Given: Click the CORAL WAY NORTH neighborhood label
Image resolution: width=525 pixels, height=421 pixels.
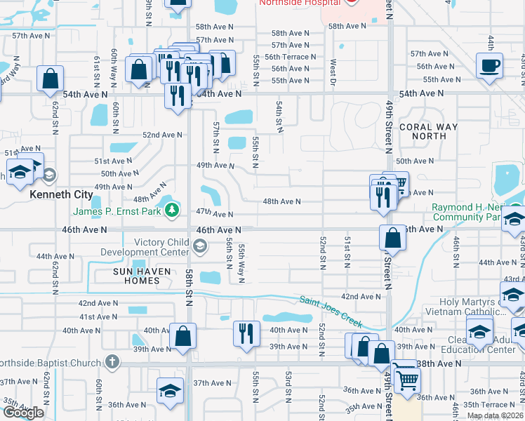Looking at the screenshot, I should [x=428, y=132].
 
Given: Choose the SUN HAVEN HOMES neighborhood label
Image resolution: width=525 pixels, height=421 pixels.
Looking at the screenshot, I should [x=127, y=275].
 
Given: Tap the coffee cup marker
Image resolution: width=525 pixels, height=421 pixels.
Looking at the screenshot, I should [x=489, y=66].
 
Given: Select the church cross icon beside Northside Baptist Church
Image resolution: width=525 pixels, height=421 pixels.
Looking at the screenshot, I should [x=111, y=362].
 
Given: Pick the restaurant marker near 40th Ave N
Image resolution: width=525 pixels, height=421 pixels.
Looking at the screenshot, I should [x=245, y=332].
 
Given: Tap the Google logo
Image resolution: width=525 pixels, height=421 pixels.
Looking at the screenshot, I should [x=23, y=413].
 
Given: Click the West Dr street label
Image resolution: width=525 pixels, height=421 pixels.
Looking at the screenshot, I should [x=333, y=69].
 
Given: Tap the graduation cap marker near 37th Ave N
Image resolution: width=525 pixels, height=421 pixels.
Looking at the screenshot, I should [x=169, y=391].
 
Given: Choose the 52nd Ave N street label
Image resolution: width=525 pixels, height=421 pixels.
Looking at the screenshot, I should [x=162, y=135].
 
